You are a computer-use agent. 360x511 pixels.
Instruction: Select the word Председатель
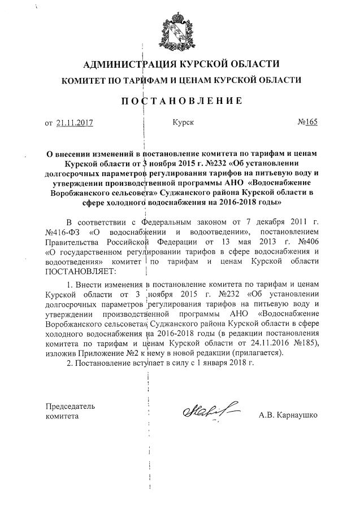click(x=70, y=405)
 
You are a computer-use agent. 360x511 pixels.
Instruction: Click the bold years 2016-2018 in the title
click(x=229, y=200)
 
